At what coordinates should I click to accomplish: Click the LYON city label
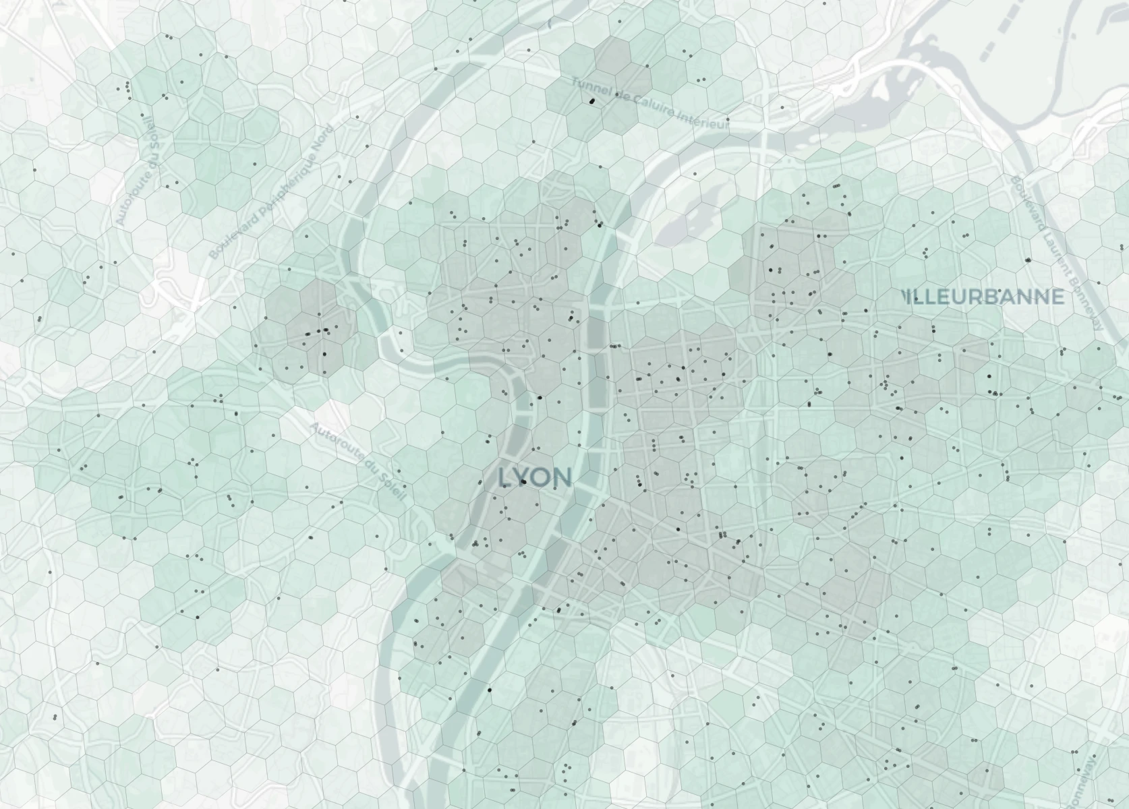(x=535, y=477)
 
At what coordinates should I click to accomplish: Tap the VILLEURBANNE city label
(x=985, y=297)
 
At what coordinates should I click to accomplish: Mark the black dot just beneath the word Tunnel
(x=593, y=101)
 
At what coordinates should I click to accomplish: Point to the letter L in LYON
(x=504, y=478)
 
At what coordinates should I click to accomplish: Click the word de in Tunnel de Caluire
(x=620, y=95)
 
